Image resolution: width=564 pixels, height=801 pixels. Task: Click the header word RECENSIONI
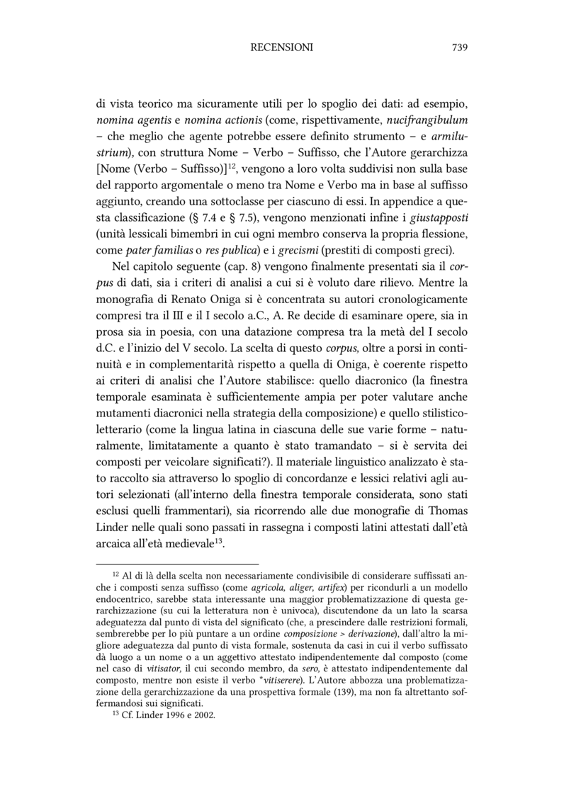coord(281,47)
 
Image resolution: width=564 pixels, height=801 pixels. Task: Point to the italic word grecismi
coord(286,251)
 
